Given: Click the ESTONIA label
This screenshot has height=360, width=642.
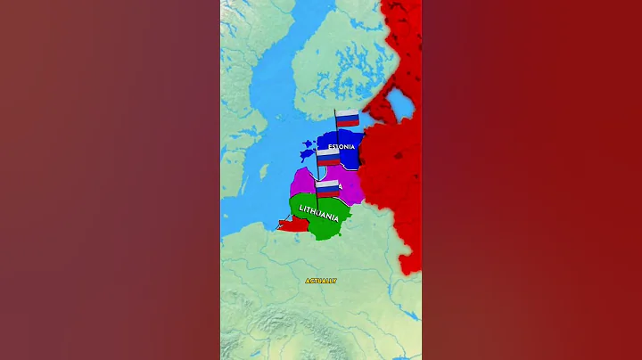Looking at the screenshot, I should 342,145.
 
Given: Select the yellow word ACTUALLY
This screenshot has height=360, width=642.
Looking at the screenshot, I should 321,281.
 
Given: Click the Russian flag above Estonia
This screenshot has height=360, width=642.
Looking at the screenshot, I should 347,118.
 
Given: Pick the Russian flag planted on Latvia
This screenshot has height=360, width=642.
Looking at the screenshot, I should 328,157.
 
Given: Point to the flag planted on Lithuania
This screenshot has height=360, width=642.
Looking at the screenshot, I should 328,188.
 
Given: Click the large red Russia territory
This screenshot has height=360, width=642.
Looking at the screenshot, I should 392,178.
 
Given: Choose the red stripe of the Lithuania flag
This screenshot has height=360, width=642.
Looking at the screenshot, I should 328,192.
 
